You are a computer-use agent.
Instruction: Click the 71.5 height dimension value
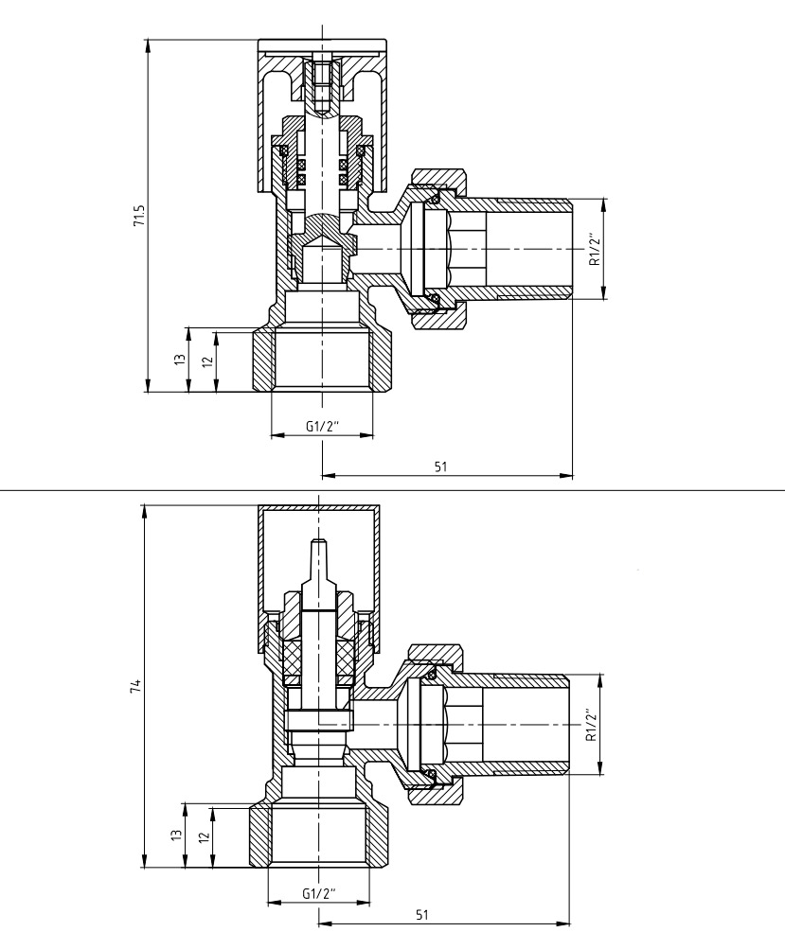click(139, 216)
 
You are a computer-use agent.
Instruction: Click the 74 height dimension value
click(135, 685)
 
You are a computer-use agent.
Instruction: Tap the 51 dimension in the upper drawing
click(440, 466)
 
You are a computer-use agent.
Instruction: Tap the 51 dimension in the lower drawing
click(421, 914)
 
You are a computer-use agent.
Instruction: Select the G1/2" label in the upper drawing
click(322, 426)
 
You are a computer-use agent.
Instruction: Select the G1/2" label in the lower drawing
click(319, 893)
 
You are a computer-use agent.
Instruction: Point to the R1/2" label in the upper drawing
click(594, 249)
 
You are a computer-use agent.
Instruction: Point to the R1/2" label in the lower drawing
click(591, 725)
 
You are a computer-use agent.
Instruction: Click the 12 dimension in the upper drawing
click(207, 361)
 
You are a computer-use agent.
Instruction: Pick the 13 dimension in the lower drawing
click(176, 835)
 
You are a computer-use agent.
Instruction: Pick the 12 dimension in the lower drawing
click(205, 836)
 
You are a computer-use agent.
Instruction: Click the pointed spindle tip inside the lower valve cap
click(319, 541)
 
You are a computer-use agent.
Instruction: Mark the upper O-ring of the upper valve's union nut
click(435, 199)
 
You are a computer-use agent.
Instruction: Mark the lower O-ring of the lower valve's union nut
click(431, 774)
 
